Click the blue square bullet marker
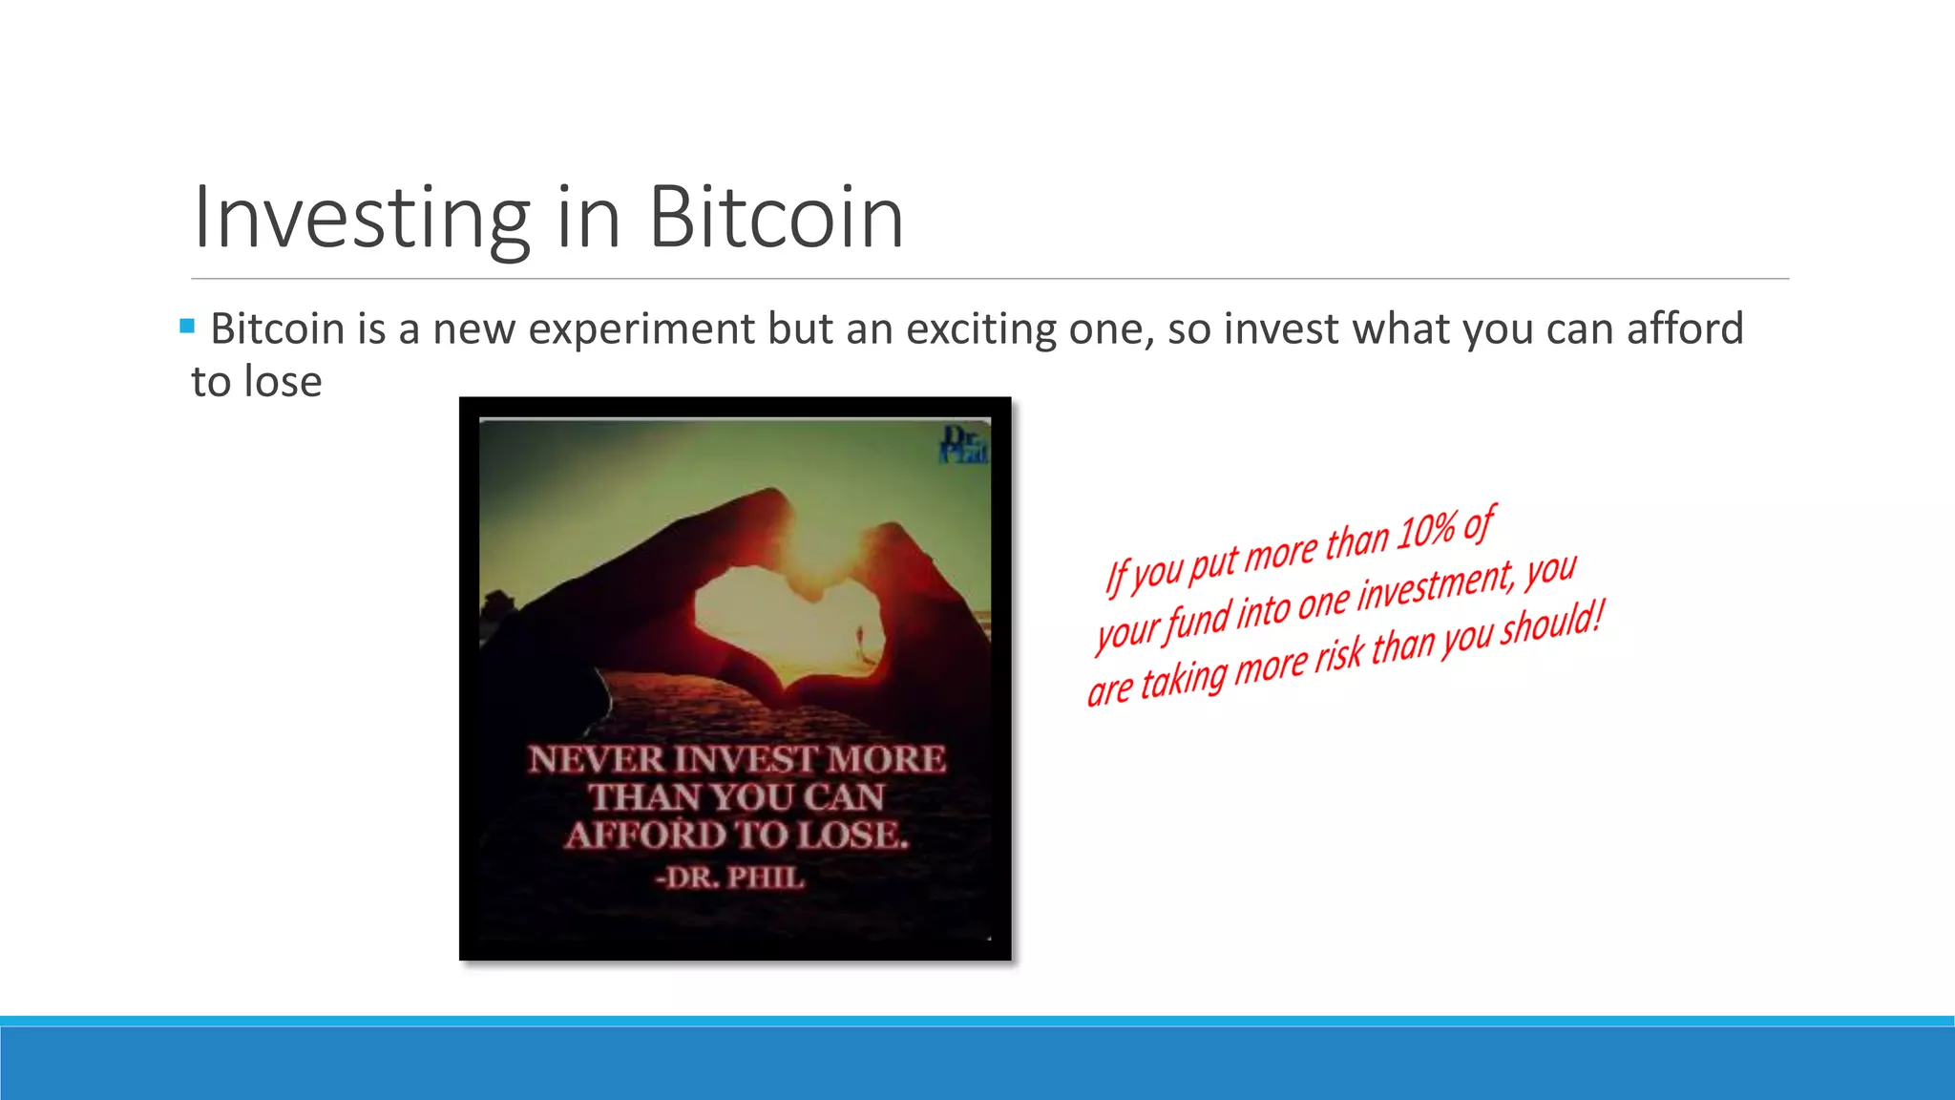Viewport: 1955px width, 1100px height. (x=187, y=327)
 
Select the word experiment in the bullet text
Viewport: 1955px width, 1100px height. (x=641, y=329)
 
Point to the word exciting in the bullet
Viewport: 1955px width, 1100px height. (x=981, y=329)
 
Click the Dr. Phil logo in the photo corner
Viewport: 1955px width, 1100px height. (x=964, y=445)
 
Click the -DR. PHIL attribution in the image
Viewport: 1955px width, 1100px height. (x=730, y=878)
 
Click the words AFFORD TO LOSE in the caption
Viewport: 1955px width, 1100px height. (x=736, y=836)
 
